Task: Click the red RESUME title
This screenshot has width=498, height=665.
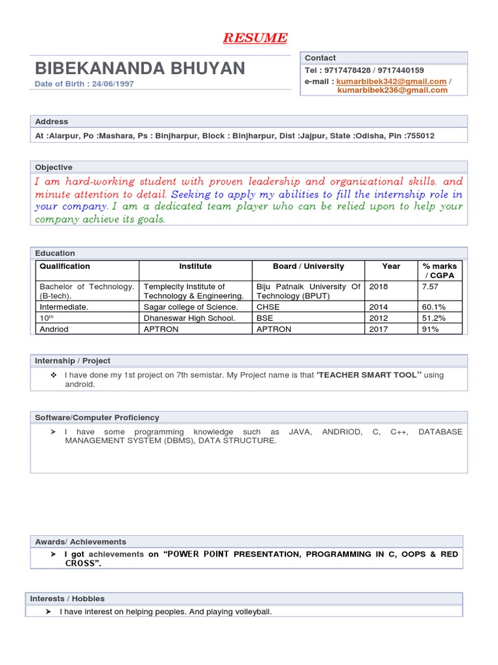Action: (x=255, y=38)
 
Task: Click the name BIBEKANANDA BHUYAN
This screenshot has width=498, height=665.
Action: (x=140, y=68)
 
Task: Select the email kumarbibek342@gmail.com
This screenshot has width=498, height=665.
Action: (x=392, y=81)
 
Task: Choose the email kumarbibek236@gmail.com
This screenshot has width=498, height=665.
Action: (x=392, y=90)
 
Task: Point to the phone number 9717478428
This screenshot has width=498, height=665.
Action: (x=347, y=70)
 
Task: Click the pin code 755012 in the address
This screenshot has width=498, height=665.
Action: (x=420, y=136)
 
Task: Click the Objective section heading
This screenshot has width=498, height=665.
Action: (x=54, y=168)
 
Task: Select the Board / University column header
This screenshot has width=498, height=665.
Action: (x=308, y=266)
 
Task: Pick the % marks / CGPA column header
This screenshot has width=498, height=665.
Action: (x=440, y=271)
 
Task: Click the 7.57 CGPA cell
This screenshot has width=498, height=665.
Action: (x=430, y=286)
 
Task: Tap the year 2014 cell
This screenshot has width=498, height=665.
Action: (x=379, y=307)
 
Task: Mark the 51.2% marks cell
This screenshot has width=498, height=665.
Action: (x=434, y=318)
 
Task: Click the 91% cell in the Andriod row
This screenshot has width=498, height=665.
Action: (x=431, y=329)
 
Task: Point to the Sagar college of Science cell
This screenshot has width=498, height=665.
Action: (x=191, y=307)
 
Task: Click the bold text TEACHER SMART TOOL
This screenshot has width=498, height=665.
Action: (x=370, y=375)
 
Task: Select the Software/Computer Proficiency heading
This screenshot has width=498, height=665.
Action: (x=97, y=418)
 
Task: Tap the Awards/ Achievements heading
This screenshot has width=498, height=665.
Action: (x=80, y=542)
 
